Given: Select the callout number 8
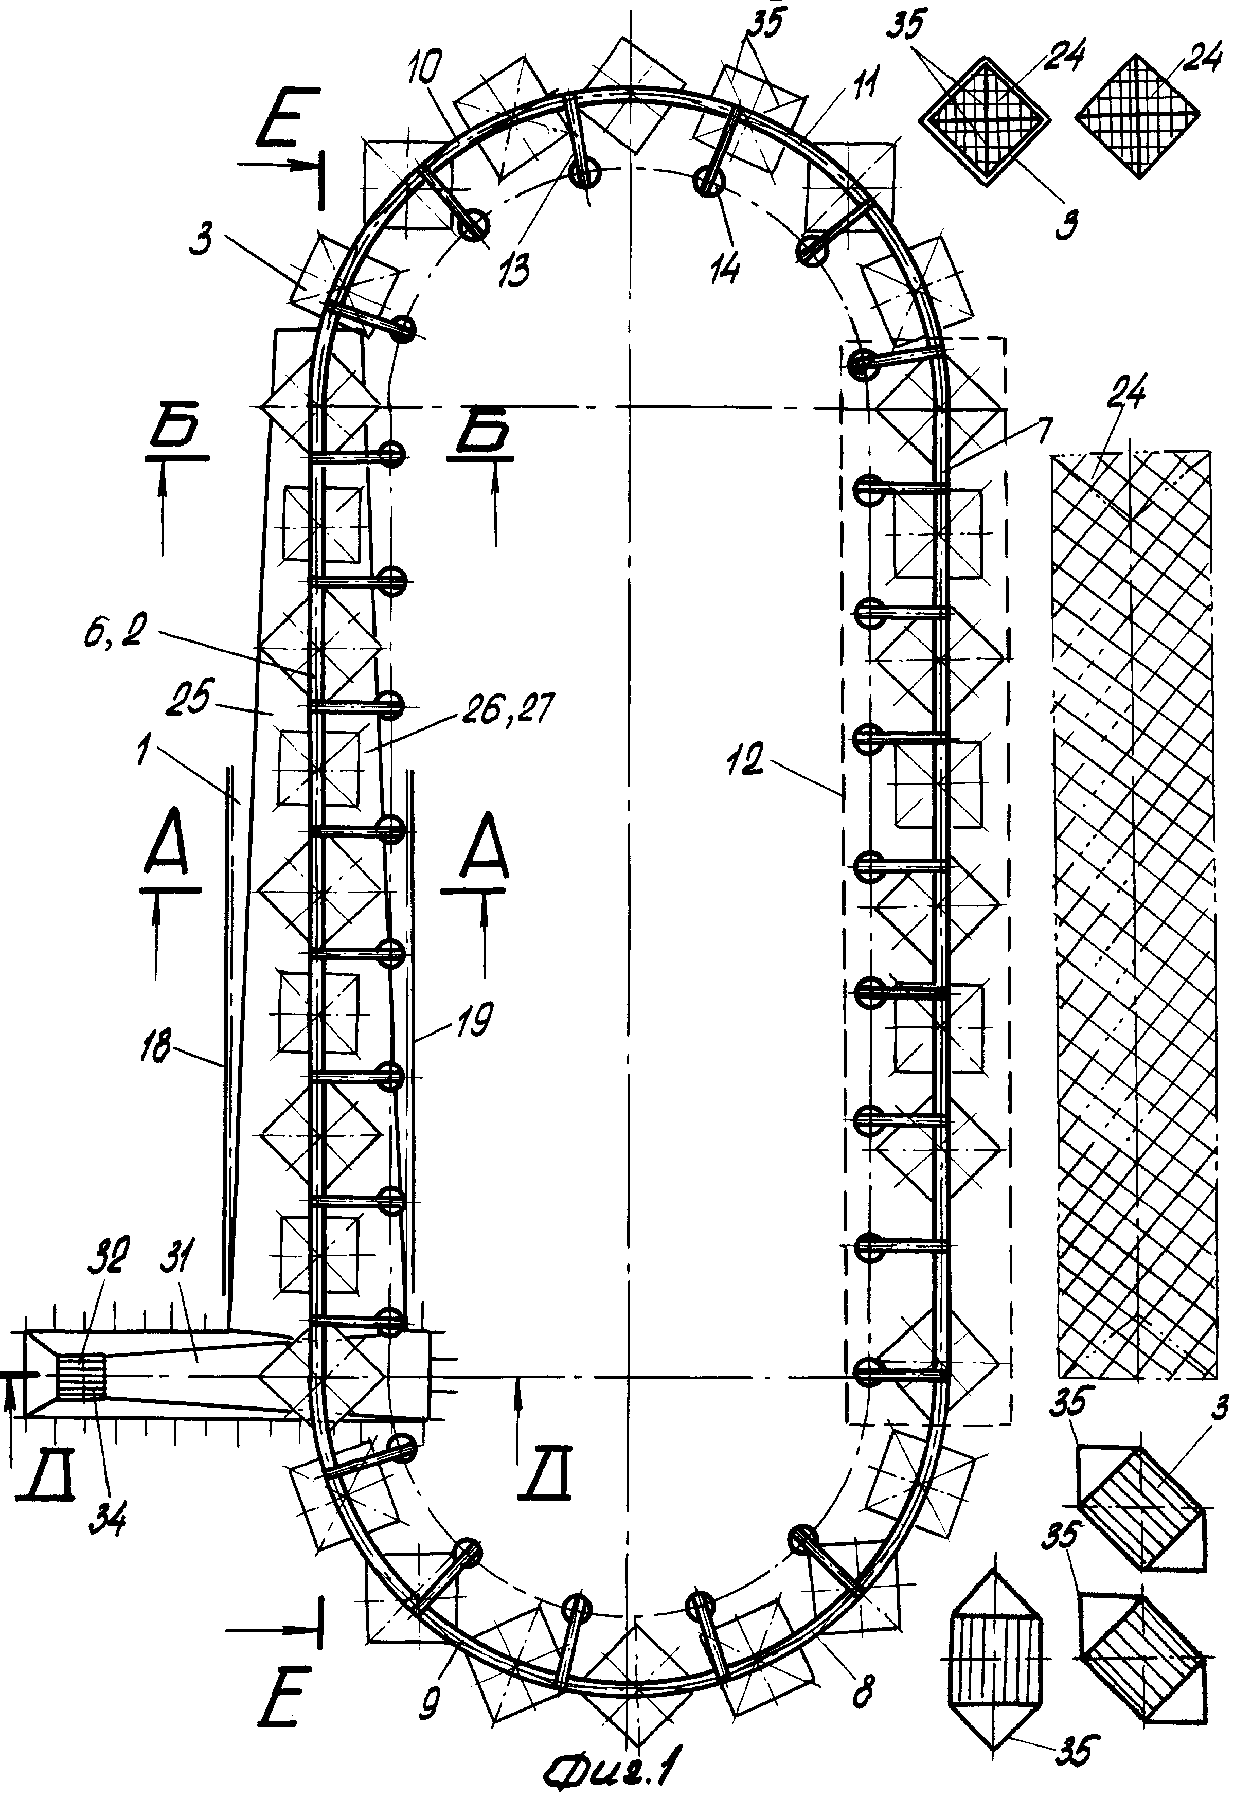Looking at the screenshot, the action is tap(862, 1690).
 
